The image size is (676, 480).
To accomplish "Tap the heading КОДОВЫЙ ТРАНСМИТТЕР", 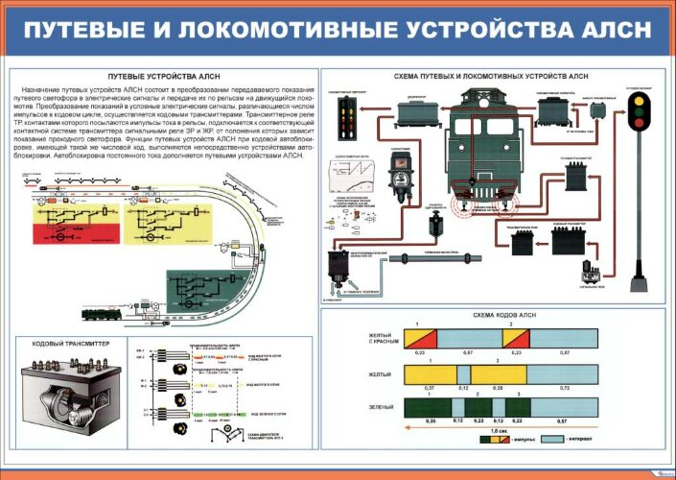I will pyautogui.click(x=71, y=343).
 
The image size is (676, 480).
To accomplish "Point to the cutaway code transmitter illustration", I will pyautogui.click(x=67, y=394).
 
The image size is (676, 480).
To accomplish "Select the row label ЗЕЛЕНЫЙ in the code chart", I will pyautogui.click(x=381, y=407).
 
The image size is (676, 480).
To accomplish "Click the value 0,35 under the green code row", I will pyautogui.click(x=417, y=420).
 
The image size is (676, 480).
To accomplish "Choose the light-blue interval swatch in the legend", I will pyautogui.click(x=551, y=438).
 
